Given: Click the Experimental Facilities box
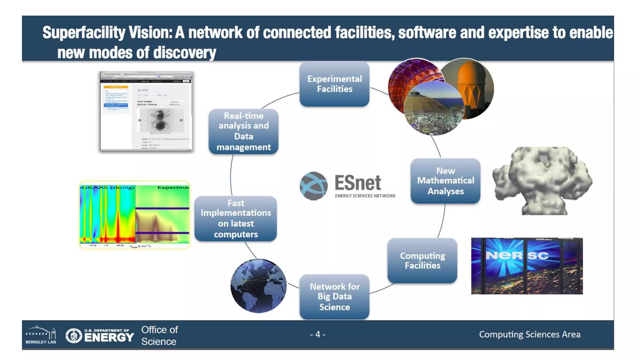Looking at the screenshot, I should pyautogui.click(x=334, y=84).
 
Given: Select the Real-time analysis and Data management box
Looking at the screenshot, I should pyautogui.click(x=243, y=132).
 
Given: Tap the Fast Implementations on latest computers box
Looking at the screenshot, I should pyautogui.click(x=236, y=218).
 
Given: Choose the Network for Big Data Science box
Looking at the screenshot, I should pyautogui.click(x=334, y=297).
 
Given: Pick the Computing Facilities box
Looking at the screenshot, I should pyautogui.click(x=422, y=261).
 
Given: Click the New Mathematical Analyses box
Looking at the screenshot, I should pyautogui.click(x=445, y=181).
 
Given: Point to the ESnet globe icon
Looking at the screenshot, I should pyautogui.click(x=313, y=186).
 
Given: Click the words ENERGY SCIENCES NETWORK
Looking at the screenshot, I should pyautogui.click(x=365, y=196).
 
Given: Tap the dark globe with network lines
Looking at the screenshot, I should pyautogui.click(x=258, y=286).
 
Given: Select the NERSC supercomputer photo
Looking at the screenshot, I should pyautogui.click(x=527, y=266).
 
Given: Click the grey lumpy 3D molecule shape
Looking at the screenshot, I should pyautogui.click(x=542, y=181).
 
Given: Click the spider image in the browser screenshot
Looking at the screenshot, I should pyautogui.click(x=161, y=121).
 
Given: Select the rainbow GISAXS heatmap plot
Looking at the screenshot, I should pyautogui.click(x=134, y=215).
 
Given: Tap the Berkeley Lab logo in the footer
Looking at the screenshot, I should pyautogui.click(x=41, y=335).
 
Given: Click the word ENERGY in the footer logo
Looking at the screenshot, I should pyautogui.click(x=109, y=337).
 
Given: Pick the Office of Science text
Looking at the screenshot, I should pyautogui.click(x=159, y=336).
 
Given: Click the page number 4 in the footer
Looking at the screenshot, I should pyautogui.click(x=318, y=334).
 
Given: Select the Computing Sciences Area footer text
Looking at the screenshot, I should pyautogui.click(x=530, y=334).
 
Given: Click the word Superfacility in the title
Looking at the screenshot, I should pyautogui.click(x=84, y=32).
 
